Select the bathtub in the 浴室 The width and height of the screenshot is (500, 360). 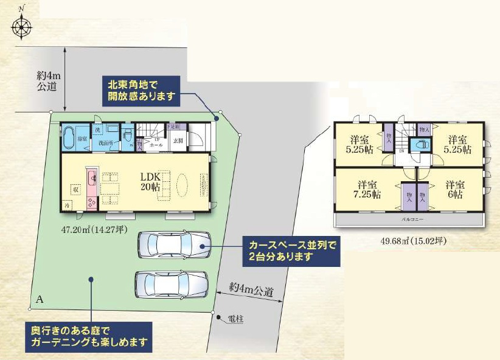click(68, 137)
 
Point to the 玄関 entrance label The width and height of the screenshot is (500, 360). click(178, 140)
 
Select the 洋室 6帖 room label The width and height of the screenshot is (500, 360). click(454, 190)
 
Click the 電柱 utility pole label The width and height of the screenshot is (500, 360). click(235, 318)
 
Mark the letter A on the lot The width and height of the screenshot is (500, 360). click(40, 299)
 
